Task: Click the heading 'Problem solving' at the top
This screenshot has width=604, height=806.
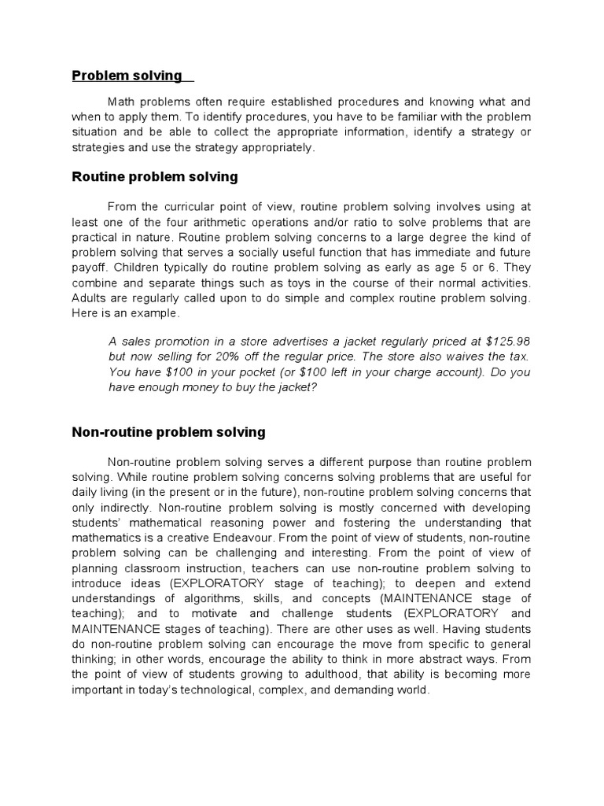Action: [127, 76]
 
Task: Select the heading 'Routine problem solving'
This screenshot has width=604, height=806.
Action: [154, 177]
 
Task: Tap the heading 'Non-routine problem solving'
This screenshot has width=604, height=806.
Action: [168, 432]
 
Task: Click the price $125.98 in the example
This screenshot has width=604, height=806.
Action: [508, 342]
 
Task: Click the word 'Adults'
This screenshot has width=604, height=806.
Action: [90, 298]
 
